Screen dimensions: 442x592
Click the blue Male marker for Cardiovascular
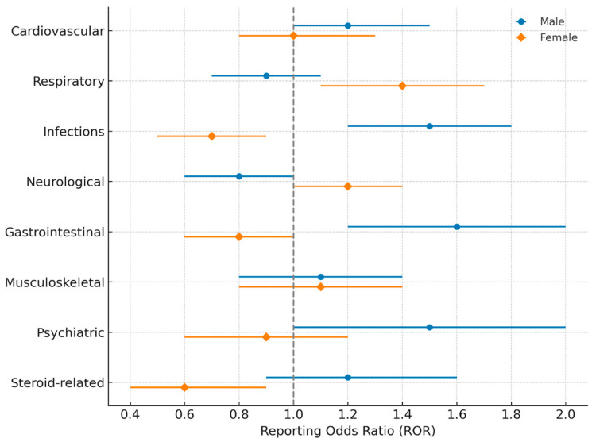[x=347, y=25]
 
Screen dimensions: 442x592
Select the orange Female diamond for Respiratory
[x=402, y=86]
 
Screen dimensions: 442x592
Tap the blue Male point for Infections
[x=429, y=126]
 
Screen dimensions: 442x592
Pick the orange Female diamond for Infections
[x=211, y=136]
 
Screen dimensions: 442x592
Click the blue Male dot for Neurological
[x=238, y=176]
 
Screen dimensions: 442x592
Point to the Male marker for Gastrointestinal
[x=456, y=227]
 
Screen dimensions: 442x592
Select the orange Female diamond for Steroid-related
[x=184, y=387]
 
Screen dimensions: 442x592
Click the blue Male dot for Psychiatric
[x=429, y=327]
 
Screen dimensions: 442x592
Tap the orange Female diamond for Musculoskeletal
[x=320, y=286]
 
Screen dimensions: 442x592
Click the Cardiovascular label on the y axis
[x=57, y=31]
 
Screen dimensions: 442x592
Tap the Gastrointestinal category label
[x=54, y=232]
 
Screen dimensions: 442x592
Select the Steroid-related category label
[x=57, y=383]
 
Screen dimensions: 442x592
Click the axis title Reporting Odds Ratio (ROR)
[x=346, y=432]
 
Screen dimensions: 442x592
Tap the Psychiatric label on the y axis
[x=70, y=332]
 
